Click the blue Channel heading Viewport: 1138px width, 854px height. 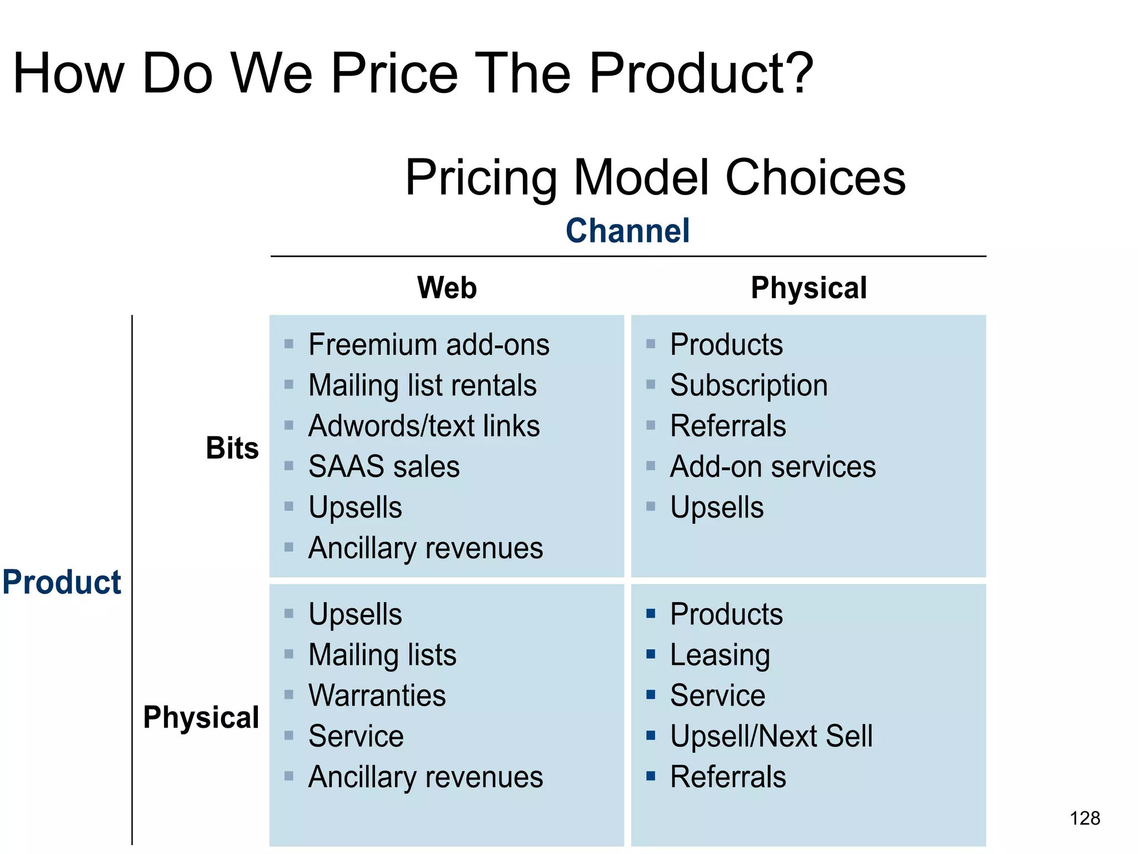point(627,231)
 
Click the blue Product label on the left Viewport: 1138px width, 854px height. point(62,582)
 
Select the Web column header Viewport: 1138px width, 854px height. point(447,288)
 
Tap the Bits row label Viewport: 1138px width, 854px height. point(232,448)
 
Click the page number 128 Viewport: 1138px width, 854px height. point(1085,818)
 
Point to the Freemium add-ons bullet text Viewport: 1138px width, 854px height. point(428,345)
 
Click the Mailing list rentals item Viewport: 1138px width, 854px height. point(422,385)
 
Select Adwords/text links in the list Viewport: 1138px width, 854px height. point(424,426)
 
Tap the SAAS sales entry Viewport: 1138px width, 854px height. point(384,466)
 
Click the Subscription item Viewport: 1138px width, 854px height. point(748,385)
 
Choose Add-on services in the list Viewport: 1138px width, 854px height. point(772,466)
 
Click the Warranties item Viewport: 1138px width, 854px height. point(377,696)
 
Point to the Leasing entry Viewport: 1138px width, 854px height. point(720,655)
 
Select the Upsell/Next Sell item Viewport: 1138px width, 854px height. point(771,736)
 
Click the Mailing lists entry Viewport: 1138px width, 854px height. point(382,655)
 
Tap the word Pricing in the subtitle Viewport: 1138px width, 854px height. point(481,178)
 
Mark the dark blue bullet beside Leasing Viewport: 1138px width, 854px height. point(651,654)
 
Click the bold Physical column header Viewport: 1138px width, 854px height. point(808,288)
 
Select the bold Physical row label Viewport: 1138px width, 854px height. point(201,717)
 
